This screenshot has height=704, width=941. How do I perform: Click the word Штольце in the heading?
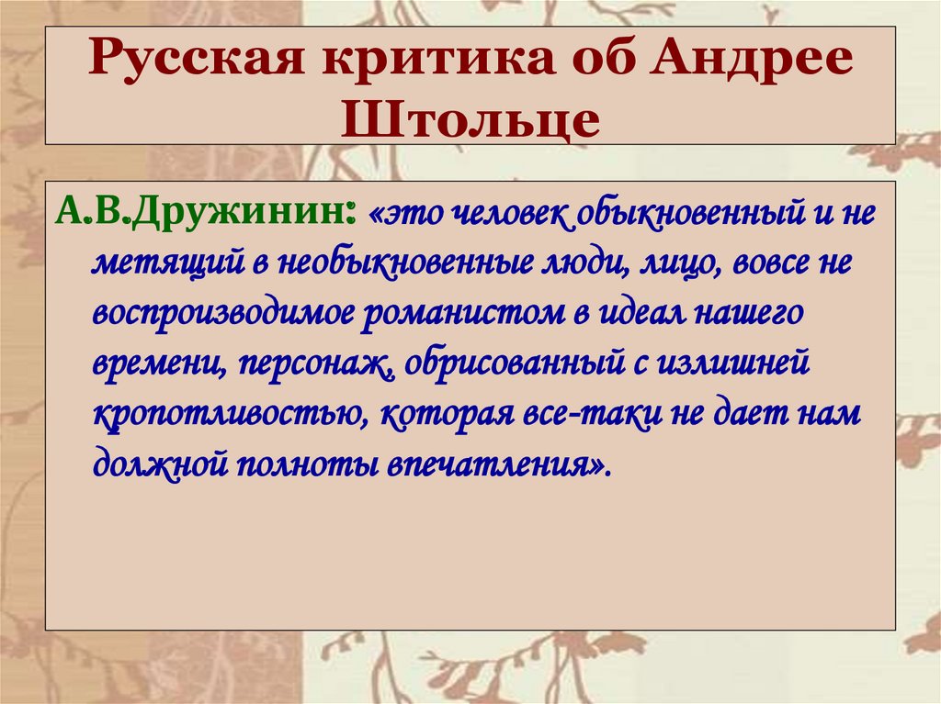[470, 119]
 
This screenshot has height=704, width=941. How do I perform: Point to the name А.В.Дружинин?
[206, 215]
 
